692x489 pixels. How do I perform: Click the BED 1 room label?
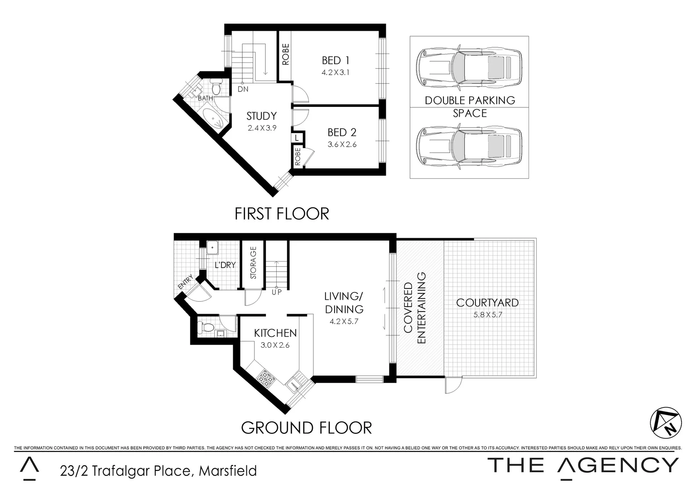click(x=336, y=60)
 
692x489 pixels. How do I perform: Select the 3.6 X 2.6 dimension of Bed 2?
click(x=342, y=145)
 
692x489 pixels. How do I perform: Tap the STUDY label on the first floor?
click(x=261, y=116)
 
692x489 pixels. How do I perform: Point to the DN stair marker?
click(x=243, y=89)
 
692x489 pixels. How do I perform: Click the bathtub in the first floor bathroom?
click(x=212, y=119)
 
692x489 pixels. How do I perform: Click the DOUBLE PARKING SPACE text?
click(x=470, y=106)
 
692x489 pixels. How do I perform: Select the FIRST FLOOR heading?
click(x=282, y=214)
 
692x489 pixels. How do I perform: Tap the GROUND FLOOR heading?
click(x=306, y=427)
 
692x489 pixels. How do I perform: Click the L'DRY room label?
click(x=225, y=265)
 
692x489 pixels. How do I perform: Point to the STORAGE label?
click(x=253, y=263)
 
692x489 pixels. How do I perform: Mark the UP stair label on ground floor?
click(x=276, y=292)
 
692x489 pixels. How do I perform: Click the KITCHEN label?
click(x=275, y=333)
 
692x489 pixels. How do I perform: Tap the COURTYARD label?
click(x=487, y=303)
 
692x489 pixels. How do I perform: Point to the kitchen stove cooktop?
click(x=264, y=378)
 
